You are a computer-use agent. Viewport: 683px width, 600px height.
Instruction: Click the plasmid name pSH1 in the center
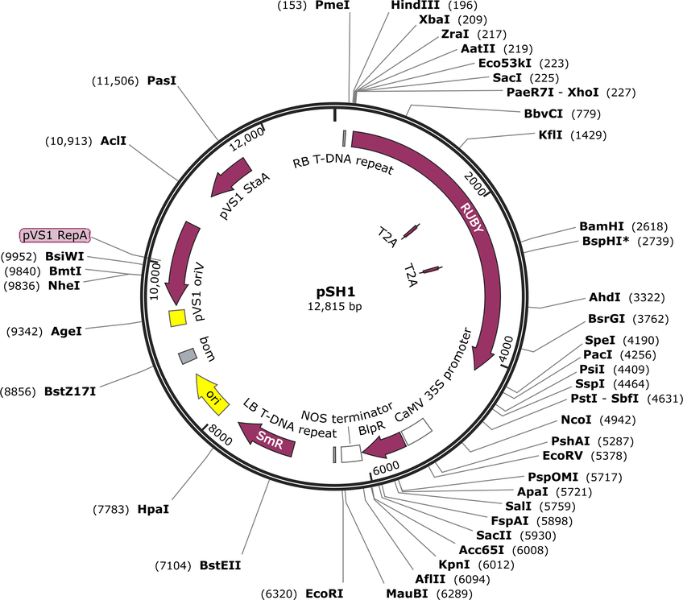(335, 292)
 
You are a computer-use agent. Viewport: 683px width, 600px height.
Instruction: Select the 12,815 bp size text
(334, 307)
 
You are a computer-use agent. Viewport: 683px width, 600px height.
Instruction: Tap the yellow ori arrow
(212, 394)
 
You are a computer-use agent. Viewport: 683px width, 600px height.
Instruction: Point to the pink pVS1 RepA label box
(55, 235)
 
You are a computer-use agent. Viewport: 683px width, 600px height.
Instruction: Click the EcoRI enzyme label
(324, 594)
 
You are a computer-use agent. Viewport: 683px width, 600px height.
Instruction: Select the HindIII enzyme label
(415, 5)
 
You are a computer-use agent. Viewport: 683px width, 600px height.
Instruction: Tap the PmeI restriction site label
(333, 5)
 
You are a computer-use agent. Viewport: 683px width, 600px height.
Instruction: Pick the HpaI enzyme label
(153, 509)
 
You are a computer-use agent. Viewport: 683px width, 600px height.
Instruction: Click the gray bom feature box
(188, 356)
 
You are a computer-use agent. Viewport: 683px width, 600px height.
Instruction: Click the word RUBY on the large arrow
(472, 217)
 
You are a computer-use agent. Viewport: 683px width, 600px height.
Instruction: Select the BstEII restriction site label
(220, 565)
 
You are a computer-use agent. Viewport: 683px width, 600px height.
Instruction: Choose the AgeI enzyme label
(66, 331)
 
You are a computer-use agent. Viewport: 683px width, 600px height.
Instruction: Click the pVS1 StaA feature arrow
(231, 176)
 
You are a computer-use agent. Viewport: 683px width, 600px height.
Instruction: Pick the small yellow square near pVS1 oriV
(178, 318)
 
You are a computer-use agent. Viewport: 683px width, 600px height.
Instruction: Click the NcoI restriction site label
(576, 420)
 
